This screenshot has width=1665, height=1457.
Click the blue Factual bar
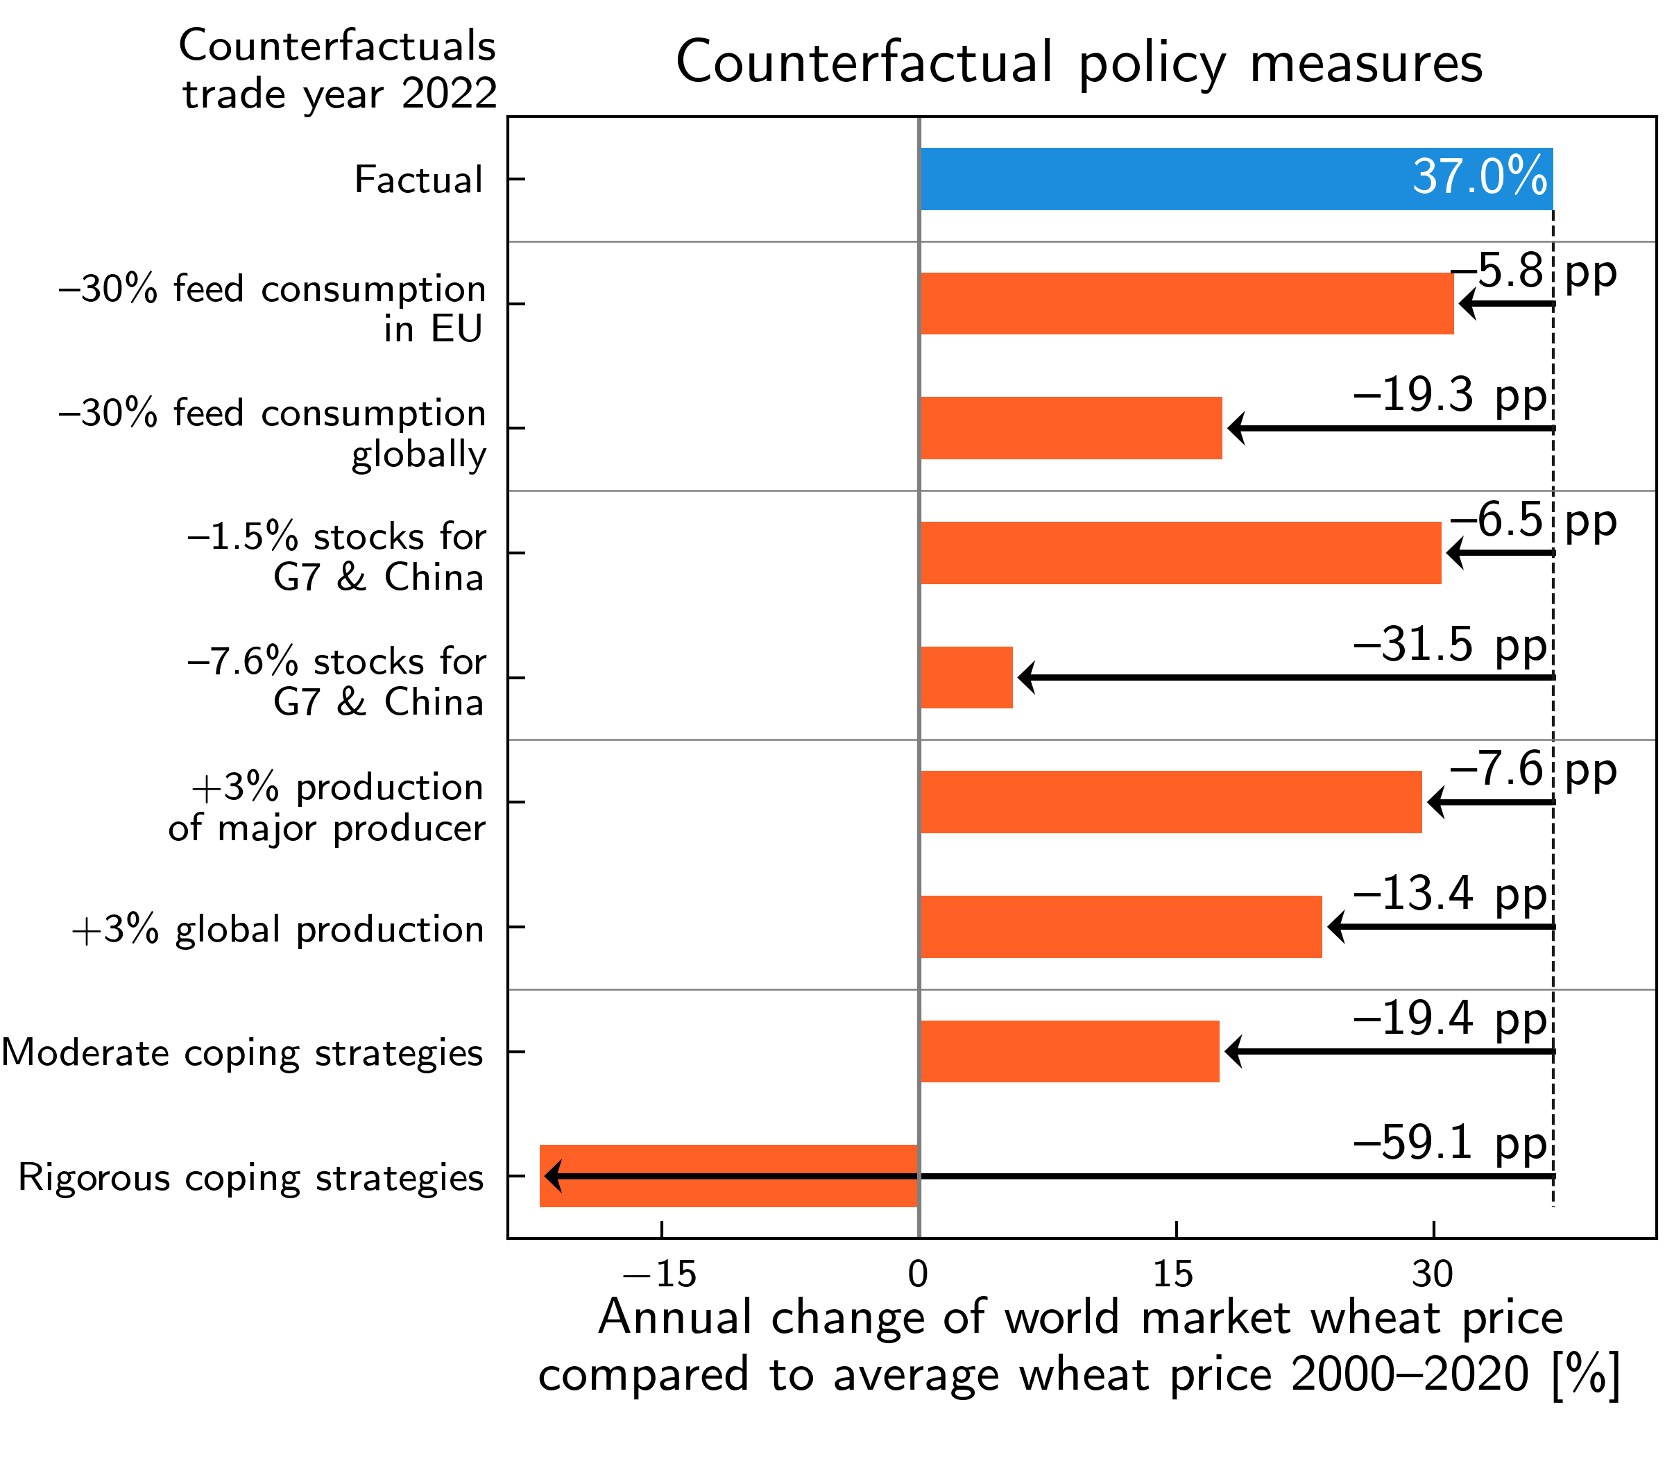pyautogui.click(x=1179, y=179)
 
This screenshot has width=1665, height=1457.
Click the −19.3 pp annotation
pyautogui.click(x=1449, y=396)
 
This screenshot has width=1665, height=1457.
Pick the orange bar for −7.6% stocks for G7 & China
pyautogui.click(x=966, y=677)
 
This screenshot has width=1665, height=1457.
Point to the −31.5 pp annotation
pyautogui.click(x=1449, y=645)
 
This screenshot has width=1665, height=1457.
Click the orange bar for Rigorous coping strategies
pyautogui.click(x=728, y=1176)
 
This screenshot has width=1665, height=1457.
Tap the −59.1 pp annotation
pyautogui.click(x=1449, y=1144)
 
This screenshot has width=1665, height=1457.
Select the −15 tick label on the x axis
pyautogui.click(x=662, y=1274)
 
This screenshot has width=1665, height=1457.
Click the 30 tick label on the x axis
pyautogui.click(x=1433, y=1274)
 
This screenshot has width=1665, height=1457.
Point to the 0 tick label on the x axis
pyautogui.click(x=918, y=1274)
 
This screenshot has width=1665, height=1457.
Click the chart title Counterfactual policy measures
pyautogui.click(x=1079, y=62)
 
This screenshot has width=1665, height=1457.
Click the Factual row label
pyautogui.click(x=419, y=180)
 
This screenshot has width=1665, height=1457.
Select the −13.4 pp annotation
pyautogui.click(x=1449, y=894)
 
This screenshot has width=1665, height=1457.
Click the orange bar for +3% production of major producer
pyautogui.click(x=1171, y=801)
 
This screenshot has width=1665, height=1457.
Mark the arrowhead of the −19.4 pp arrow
pyautogui.click(x=1233, y=1051)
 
